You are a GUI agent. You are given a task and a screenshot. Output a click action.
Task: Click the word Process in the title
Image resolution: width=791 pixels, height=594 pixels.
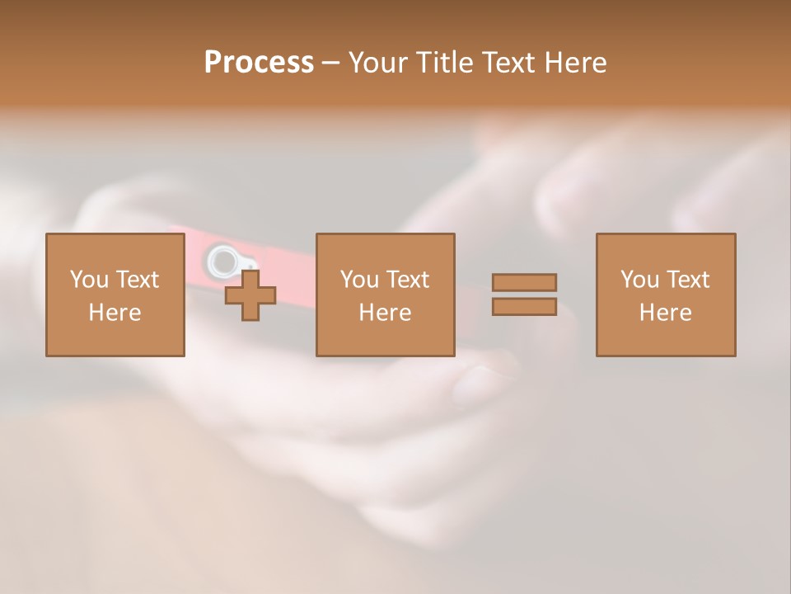(x=259, y=63)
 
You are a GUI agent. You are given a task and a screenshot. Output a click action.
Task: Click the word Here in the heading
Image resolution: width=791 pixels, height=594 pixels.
(x=578, y=63)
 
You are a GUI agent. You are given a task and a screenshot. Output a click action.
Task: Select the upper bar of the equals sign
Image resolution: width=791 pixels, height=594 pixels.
(x=524, y=282)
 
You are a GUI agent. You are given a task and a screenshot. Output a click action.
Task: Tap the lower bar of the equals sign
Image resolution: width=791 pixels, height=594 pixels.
(x=524, y=306)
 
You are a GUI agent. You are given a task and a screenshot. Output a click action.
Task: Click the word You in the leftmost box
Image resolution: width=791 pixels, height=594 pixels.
(x=89, y=280)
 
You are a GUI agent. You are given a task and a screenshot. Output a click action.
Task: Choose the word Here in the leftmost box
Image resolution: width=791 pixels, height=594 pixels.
(x=115, y=313)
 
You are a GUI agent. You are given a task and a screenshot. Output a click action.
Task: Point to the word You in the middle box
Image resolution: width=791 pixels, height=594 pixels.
(x=359, y=280)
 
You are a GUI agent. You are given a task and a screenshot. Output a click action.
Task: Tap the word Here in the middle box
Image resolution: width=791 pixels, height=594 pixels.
(x=385, y=313)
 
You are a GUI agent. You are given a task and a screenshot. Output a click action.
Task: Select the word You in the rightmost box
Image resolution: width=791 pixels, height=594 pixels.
(x=639, y=280)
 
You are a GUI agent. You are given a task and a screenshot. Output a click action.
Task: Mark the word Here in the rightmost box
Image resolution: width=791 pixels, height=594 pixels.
(x=665, y=313)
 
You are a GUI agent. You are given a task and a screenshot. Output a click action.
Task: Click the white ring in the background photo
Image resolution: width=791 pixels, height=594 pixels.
(x=221, y=262)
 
